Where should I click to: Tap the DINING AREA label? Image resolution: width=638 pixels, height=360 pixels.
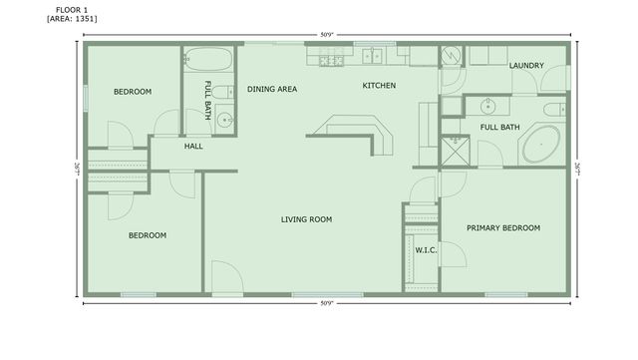272,89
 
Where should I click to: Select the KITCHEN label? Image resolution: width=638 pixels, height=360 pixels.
379,86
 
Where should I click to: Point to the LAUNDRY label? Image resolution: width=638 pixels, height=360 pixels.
526,66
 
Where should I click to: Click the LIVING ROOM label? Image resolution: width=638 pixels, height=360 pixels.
306,219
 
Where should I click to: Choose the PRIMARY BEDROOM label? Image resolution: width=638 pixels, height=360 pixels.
503,227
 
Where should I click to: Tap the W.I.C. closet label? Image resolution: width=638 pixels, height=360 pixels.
426,250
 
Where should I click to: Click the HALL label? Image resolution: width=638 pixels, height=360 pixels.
193,147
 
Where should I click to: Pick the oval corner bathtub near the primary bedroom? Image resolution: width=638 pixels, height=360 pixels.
542,145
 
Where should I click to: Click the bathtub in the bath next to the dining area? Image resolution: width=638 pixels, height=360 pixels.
208,58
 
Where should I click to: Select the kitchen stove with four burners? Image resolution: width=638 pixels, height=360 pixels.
330,60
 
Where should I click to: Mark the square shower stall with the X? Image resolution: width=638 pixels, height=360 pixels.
455,152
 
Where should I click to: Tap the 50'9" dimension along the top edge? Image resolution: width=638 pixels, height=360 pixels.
327,35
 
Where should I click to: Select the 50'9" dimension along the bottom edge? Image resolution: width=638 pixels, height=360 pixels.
327,302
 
